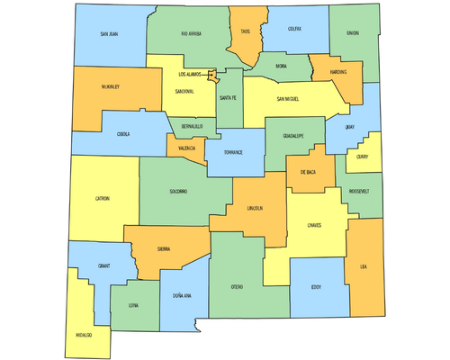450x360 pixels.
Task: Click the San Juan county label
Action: tap(108, 34)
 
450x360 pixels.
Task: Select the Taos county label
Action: tap(245, 31)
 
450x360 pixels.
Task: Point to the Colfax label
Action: tap(294, 29)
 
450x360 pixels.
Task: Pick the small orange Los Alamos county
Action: tap(212, 77)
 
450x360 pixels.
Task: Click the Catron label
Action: tap(102, 198)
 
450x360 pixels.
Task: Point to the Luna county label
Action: tap(133, 306)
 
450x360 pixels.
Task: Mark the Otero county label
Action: tap(238, 286)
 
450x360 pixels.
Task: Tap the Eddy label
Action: tap(316, 288)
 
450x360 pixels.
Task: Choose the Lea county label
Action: tap(364, 266)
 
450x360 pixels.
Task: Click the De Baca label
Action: tap(308, 172)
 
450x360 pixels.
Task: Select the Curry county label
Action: tap(362, 157)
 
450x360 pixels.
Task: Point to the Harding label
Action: tap(339, 72)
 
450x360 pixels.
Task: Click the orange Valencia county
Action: tap(187, 148)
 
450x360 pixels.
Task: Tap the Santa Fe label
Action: tap(228, 98)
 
